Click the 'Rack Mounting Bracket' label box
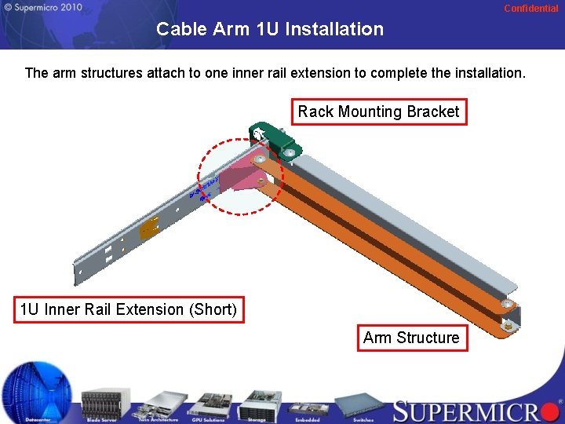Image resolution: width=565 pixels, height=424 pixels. pyautogui.click(x=378, y=111)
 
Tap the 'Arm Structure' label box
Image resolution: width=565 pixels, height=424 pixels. pyautogui.click(x=411, y=338)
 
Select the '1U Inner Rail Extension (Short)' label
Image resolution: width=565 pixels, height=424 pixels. pyautogui.click(x=129, y=309)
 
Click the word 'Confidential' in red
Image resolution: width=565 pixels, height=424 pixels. pyautogui.click(x=530, y=9)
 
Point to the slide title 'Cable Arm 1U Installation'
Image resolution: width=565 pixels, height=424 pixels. pyautogui.click(x=270, y=30)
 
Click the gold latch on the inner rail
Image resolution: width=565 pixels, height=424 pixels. pyautogui.click(x=150, y=228)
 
